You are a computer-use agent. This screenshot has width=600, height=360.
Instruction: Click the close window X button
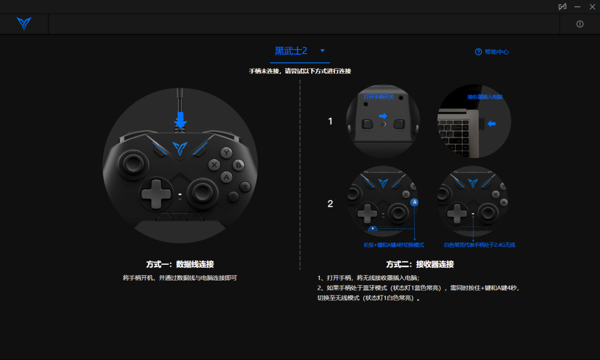point(592,7)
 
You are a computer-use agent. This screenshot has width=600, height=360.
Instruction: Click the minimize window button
point(577,7)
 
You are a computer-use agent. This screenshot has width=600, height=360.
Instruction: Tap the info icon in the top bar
point(580,24)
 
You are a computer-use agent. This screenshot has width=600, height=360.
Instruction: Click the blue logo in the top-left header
point(24,24)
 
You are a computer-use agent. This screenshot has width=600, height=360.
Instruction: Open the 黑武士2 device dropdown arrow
point(322,51)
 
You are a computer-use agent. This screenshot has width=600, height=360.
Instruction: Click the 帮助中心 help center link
point(492,52)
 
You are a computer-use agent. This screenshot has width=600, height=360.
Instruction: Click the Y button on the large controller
point(226,153)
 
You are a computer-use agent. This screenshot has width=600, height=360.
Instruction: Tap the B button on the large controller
point(238,165)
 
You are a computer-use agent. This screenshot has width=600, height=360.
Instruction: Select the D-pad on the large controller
point(156,194)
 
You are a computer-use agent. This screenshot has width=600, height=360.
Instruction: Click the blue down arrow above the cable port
point(180,120)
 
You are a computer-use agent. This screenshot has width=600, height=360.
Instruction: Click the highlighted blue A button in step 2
point(414,203)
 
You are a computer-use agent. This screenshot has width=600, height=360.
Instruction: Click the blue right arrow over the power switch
point(383,116)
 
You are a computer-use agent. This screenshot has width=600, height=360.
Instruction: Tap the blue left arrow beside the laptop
point(492,124)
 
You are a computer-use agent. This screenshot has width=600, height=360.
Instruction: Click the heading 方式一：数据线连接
point(180,264)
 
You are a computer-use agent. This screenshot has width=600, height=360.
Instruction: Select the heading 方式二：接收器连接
point(420,264)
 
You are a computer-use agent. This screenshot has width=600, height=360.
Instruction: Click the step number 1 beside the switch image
point(330,121)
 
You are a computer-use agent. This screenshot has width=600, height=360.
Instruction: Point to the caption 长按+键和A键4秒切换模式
point(394,245)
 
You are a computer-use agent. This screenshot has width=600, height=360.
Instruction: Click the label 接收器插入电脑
point(485,97)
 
